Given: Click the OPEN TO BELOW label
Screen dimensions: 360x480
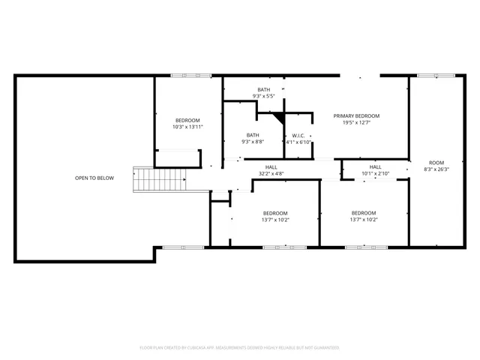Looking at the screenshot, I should click(94, 178).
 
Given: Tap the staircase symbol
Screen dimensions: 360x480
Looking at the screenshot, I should click(160, 179).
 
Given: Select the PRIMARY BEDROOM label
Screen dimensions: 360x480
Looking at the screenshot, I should click(356, 116).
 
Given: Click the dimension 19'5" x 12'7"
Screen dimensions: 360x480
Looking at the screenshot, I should click(356, 123).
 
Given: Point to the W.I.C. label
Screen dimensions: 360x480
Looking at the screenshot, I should click(298, 136).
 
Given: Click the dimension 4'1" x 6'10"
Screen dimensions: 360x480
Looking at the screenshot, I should click(298, 142).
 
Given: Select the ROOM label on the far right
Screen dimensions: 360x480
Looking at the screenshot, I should click(436, 163).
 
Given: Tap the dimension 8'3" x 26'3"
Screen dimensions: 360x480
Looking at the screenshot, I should click(436, 169).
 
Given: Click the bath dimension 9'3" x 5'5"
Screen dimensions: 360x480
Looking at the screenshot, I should click(263, 96).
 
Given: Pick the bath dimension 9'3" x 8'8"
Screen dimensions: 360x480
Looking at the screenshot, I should click(253, 142).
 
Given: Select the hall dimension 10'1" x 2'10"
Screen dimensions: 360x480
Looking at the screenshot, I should click(375, 174).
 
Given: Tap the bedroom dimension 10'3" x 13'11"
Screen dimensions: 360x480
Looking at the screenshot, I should click(187, 127).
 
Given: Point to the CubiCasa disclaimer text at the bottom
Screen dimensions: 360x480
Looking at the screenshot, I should click(240, 347).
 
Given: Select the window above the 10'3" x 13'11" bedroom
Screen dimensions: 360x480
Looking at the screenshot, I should click(187, 75).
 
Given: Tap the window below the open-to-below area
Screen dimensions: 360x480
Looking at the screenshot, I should click(183, 247).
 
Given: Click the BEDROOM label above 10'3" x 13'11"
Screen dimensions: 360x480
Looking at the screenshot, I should click(187, 121).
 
